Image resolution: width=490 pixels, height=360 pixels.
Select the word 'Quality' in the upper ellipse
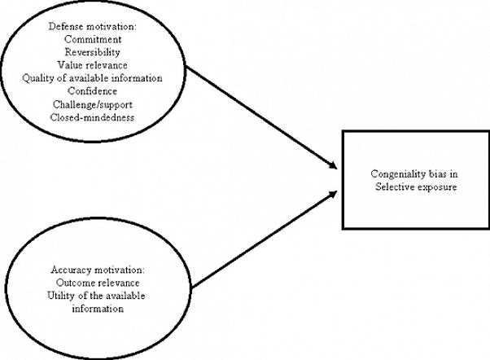[x=38, y=78]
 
